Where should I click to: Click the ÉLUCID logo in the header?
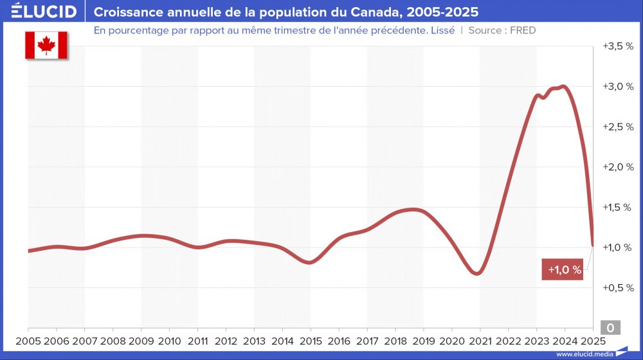click(x=44, y=12)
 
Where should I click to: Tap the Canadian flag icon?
click(x=46, y=45)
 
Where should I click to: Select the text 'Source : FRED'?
click(x=502, y=30)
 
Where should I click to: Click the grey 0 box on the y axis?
click(x=610, y=328)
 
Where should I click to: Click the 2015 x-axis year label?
click(x=311, y=341)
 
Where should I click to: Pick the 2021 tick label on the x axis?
click(x=480, y=341)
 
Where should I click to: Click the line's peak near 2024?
click(x=563, y=86)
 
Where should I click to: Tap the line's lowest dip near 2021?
click(x=476, y=274)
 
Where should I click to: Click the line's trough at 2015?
click(x=310, y=262)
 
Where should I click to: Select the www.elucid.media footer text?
click(x=584, y=354)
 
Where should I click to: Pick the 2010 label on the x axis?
click(x=169, y=341)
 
